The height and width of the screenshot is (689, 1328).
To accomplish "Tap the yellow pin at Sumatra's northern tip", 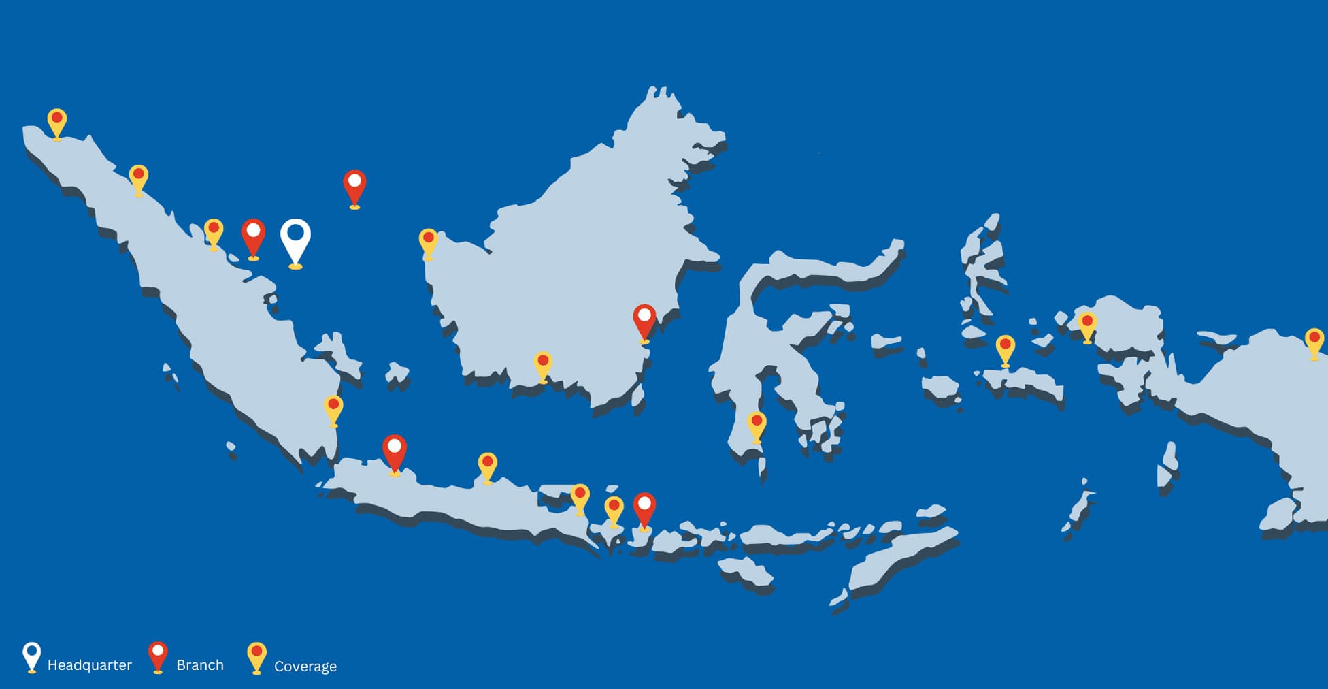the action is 57,121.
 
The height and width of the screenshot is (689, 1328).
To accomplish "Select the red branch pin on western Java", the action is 395,451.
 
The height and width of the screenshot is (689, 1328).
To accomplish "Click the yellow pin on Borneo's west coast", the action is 428,241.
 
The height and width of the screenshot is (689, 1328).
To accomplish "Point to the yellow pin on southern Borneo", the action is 543,364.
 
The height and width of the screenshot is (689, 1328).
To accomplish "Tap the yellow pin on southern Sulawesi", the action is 757,424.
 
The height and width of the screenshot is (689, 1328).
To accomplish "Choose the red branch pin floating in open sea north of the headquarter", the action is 354,185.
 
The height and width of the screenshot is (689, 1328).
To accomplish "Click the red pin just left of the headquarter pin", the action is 253,236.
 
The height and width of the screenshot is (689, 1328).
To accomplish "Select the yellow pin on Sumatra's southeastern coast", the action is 333,408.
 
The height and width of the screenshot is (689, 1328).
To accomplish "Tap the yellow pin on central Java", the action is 487,465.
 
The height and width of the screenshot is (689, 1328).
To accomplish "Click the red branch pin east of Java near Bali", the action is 644,508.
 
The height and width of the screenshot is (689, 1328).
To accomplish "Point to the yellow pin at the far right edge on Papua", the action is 1314,340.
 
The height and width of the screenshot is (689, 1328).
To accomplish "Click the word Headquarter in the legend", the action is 89,665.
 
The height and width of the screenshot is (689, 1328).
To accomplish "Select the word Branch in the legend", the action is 199,665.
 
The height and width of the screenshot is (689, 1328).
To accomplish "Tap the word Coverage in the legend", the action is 305,667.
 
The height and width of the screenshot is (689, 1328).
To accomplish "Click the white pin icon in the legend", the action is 31,656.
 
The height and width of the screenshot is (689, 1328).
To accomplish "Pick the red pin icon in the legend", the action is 158,656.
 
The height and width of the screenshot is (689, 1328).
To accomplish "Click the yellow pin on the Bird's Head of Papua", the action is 1087,325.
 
